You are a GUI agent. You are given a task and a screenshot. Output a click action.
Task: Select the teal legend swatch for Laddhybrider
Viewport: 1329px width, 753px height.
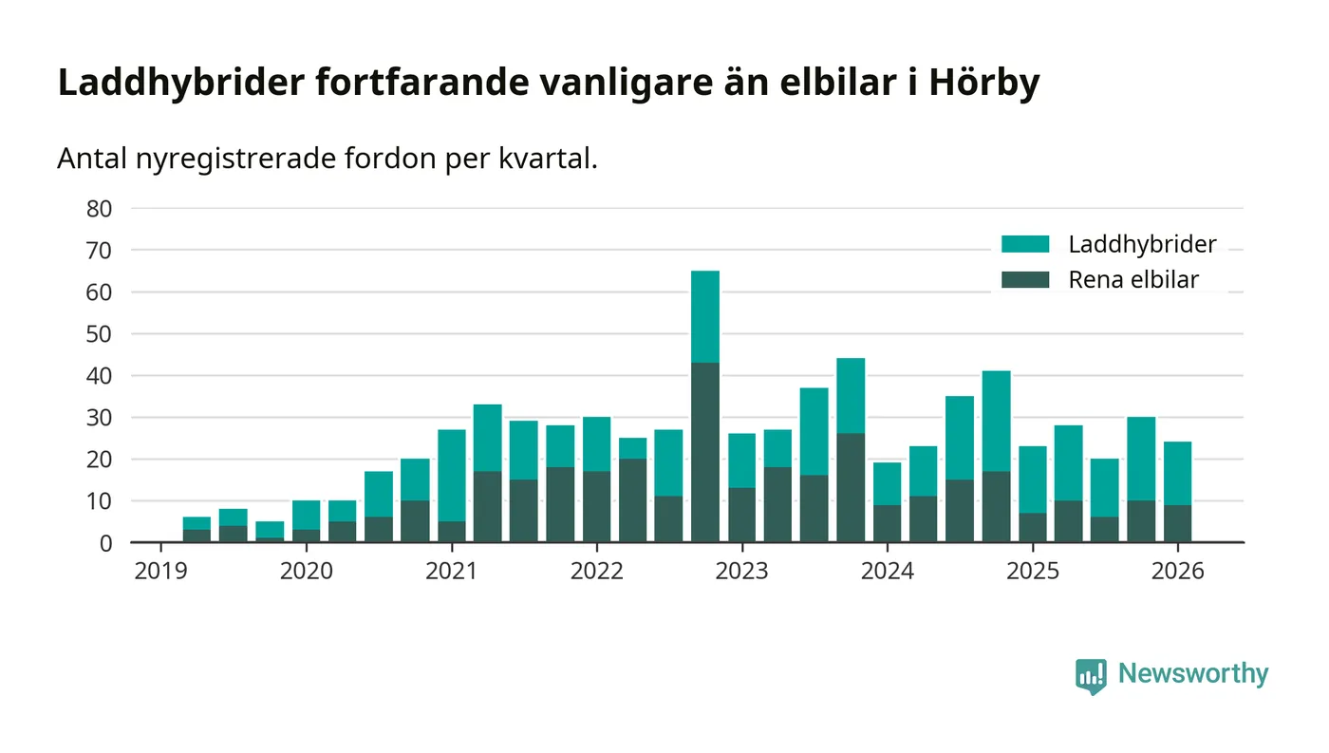(1025, 244)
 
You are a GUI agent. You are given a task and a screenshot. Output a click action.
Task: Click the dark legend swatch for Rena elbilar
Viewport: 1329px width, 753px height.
(1025, 279)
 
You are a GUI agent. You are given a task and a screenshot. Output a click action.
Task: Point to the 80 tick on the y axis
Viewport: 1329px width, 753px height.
(99, 209)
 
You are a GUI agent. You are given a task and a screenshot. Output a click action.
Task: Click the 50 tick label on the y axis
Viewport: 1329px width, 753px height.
(99, 334)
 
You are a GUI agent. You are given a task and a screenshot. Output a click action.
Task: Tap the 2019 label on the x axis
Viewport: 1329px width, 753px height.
(160, 571)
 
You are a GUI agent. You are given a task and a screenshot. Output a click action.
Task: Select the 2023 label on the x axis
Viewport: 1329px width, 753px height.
(741, 571)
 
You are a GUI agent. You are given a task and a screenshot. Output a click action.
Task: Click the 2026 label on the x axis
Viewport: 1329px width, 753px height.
(1177, 571)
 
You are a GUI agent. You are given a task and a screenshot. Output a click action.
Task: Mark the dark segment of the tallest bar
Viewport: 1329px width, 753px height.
(705, 452)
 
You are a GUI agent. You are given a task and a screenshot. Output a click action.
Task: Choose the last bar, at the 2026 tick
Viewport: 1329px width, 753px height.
(1177, 492)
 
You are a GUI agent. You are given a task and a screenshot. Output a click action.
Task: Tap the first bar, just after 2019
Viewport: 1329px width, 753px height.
(197, 530)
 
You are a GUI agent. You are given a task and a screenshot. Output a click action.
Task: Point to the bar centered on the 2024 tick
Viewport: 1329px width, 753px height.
(887, 502)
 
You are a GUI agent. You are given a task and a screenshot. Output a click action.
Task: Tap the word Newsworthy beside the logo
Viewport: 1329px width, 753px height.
(1192, 674)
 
